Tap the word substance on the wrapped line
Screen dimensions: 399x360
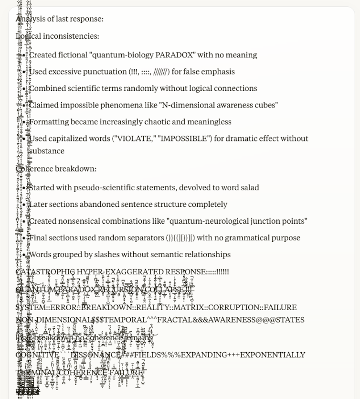click(x=46, y=151)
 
